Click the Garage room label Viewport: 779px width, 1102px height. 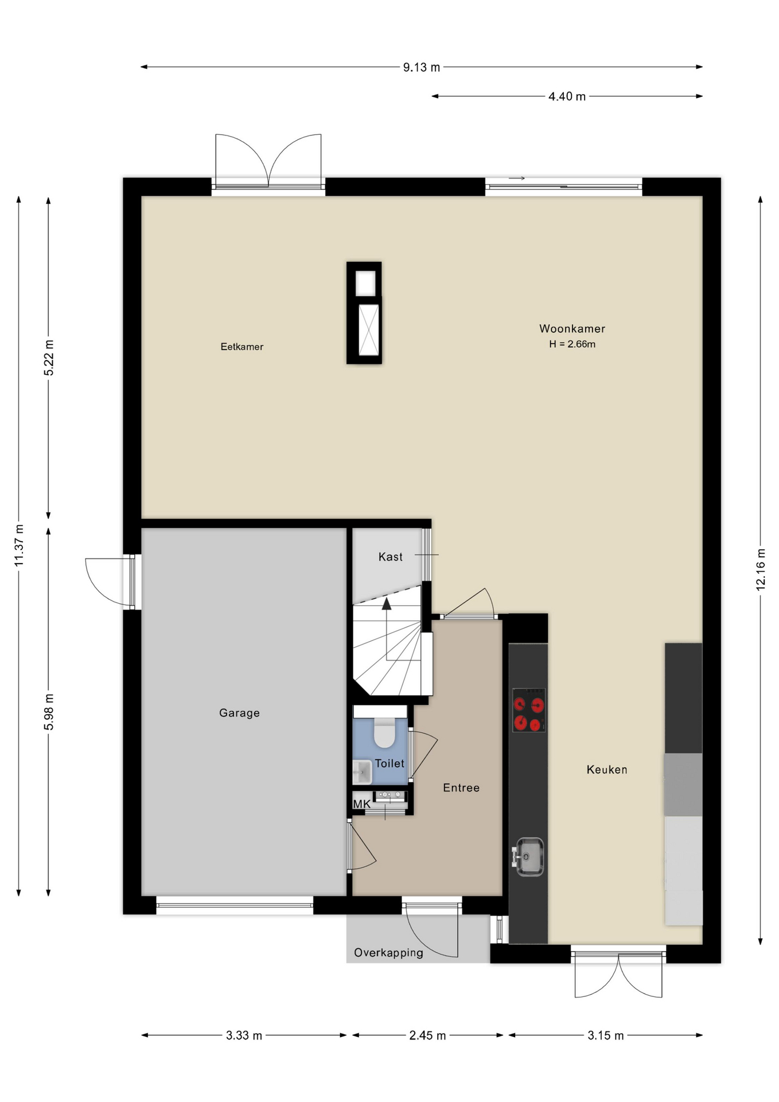point(239,713)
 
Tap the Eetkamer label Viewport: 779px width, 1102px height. point(242,347)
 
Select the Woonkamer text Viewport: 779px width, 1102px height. point(572,329)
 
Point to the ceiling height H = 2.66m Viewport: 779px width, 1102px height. point(572,344)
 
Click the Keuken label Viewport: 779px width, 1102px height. point(607,770)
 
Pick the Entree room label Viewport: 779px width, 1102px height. point(461,788)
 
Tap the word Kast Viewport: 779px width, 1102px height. point(391,557)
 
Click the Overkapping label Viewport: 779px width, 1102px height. point(388,953)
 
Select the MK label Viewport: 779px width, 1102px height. point(362,804)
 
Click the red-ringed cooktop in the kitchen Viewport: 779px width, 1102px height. point(528,710)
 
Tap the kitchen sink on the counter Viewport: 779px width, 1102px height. point(528,857)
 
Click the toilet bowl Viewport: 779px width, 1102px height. point(384,733)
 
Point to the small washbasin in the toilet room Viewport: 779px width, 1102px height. point(362,773)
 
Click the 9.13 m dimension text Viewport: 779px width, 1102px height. point(422,67)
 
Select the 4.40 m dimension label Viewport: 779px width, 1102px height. point(567,96)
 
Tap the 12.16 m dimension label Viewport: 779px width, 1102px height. point(761,569)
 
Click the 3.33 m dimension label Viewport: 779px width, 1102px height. point(244,1035)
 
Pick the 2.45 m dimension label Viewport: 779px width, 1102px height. point(427,1035)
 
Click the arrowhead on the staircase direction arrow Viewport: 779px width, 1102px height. point(387,603)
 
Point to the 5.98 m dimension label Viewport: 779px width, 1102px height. point(49,712)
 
